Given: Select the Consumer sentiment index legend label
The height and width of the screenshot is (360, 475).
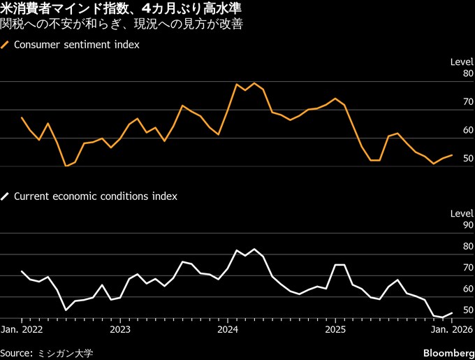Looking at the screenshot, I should (76, 44).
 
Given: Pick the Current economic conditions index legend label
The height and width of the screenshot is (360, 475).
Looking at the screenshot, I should (95, 196).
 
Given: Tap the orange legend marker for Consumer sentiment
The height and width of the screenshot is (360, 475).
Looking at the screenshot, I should (6, 44).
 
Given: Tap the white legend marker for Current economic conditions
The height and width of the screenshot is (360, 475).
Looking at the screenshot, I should (6, 196).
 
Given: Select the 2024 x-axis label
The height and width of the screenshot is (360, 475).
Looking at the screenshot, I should (228, 329).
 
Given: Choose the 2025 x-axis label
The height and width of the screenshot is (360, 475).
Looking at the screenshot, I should (336, 329).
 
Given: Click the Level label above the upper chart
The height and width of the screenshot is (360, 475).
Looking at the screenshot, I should (462, 62).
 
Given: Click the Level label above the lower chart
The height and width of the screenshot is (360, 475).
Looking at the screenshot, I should (462, 213).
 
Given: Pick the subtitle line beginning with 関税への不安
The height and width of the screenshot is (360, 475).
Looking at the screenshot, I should (122, 26).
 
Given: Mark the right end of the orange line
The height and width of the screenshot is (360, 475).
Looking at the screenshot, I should (452, 155).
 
